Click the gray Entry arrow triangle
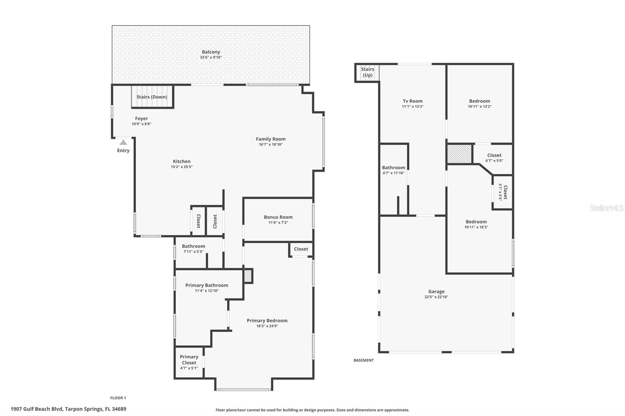pyautogui.click(x=123, y=142)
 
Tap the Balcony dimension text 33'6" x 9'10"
pyautogui.click(x=211, y=57)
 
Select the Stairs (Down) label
pyautogui.click(x=152, y=97)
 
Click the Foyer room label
pyautogui.click(x=141, y=119)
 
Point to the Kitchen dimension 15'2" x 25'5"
pyautogui.click(x=182, y=167)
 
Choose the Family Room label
pyautogui.click(x=271, y=139)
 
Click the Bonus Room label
pyautogui.click(x=278, y=217)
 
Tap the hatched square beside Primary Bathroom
pyautogui.click(x=248, y=276)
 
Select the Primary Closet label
pyautogui.click(x=189, y=360)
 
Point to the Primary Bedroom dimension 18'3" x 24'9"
pyautogui.click(x=267, y=326)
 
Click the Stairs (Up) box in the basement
pyautogui.click(x=368, y=73)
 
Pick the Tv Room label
pyautogui.click(x=412, y=101)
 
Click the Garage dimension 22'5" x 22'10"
pyautogui.click(x=436, y=297)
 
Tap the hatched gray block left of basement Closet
pyautogui.click(x=459, y=154)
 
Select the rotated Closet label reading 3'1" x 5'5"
pyautogui.click(x=503, y=192)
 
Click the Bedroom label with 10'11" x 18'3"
pyautogui.click(x=476, y=222)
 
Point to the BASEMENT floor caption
pyautogui.click(x=364, y=360)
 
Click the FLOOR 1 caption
pyautogui.click(x=118, y=398)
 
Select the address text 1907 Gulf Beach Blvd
pyautogui.click(x=37, y=409)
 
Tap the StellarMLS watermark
pyautogui.click(x=607, y=208)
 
